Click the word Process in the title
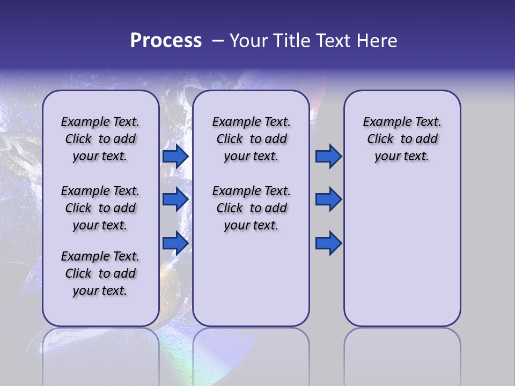pyautogui.click(x=165, y=41)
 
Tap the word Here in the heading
pyautogui.click(x=377, y=41)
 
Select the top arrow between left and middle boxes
pyautogui.click(x=175, y=157)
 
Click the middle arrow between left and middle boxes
pyautogui.click(x=175, y=199)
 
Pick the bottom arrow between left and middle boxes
pyautogui.click(x=175, y=243)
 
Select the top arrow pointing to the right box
pyautogui.click(x=328, y=157)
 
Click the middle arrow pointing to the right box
pyautogui.click(x=328, y=199)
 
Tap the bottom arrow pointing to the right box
pyautogui.click(x=328, y=243)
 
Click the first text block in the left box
pyautogui.click(x=100, y=139)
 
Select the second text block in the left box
pyautogui.click(x=100, y=208)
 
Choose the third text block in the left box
pyautogui.click(x=100, y=273)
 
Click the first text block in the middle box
pyautogui.click(x=251, y=139)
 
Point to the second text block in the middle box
pyautogui.click(x=251, y=208)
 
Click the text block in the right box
pyautogui.click(x=402, y=139)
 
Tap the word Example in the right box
pyautogui.click(x=383, y=122)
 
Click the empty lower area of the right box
pyautogui.click(x=402, y=252)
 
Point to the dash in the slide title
pyautogui.click(x=218, y=41)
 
